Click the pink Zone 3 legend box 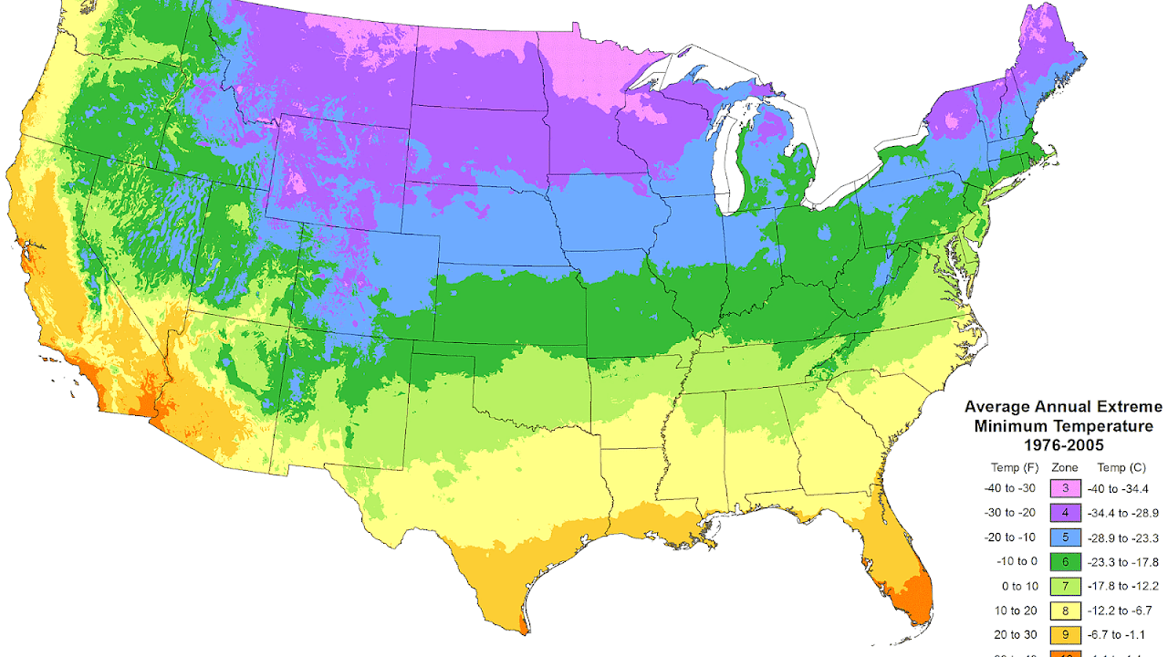pyautogui.click(x=1066, y=490)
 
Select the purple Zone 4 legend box pyautogui.click(x=1066, y=513)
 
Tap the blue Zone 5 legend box pyautogui.click(x=1066, y=537)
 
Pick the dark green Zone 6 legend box pyautogui.click(x=1066, y=560)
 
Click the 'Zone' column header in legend pyautogui.click(x=1065, y=467)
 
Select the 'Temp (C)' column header pyautogui.click(x=1121, y=467)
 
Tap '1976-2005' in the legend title pyautogui.click(x=1064, y=445)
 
